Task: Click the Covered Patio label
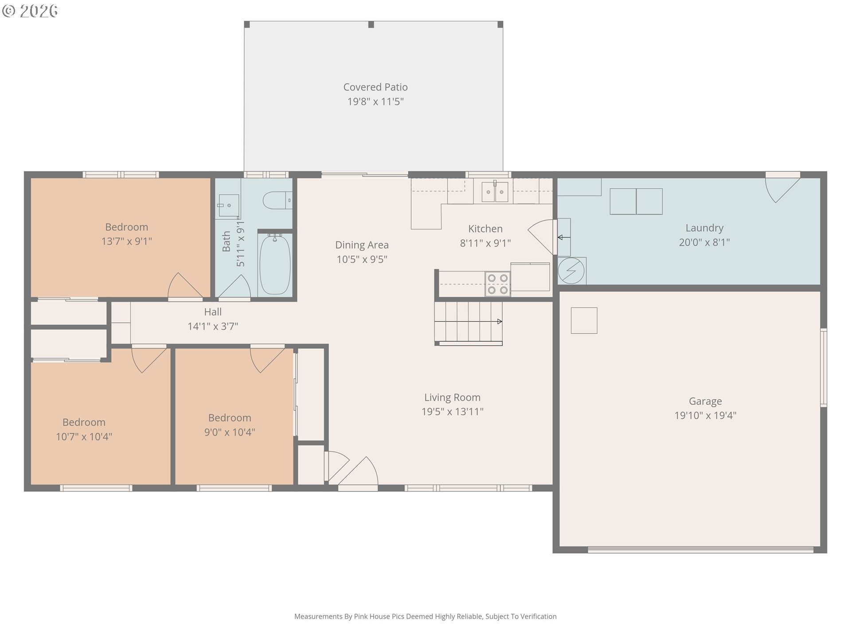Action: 375,87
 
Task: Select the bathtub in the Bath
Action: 275,264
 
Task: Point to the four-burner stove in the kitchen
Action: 498,284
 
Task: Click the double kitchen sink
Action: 495,191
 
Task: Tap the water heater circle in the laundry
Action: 571,270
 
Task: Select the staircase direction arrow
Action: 468,322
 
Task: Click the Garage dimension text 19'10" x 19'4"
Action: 705,416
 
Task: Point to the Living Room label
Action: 452,397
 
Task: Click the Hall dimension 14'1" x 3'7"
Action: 213,327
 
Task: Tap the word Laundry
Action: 704,228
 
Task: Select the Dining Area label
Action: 362,245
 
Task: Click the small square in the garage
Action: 584,320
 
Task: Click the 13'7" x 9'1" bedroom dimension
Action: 127,241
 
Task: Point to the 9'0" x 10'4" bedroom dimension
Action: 230,432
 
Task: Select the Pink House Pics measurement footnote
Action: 425,616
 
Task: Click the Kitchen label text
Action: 485,229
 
